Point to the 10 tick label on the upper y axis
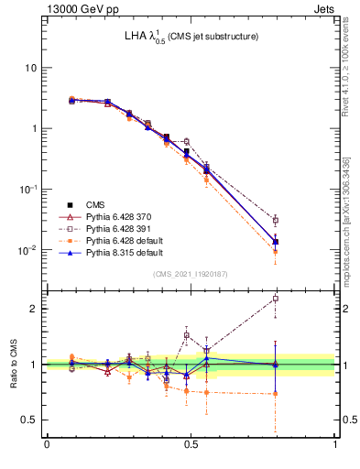coord(31,68)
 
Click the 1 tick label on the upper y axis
coord(34,128)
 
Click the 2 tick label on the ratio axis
coord(34,309)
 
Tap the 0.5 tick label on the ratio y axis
coord(29,420)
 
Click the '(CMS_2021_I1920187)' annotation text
coord(191,274)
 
